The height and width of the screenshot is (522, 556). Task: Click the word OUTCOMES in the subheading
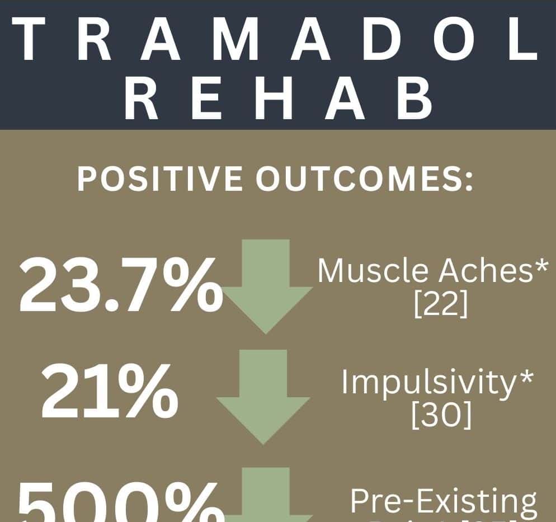coord(359,180)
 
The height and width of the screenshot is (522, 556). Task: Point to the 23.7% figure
coord(117,286)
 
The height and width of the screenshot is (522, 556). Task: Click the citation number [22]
coord(440,305)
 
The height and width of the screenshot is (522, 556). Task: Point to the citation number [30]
coord(440,416)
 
